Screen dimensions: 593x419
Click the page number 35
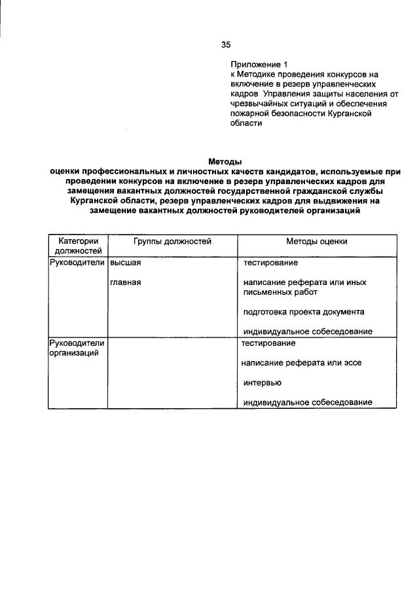226,45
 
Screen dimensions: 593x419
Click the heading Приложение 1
259,65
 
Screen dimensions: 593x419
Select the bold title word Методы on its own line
225,161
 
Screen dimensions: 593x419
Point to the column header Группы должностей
172,241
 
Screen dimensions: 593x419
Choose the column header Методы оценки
316,241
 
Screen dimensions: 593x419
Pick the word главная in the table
126,282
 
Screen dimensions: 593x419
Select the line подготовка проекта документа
304,311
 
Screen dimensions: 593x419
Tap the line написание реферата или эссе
301,362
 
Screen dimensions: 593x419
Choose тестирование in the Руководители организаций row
268,343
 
